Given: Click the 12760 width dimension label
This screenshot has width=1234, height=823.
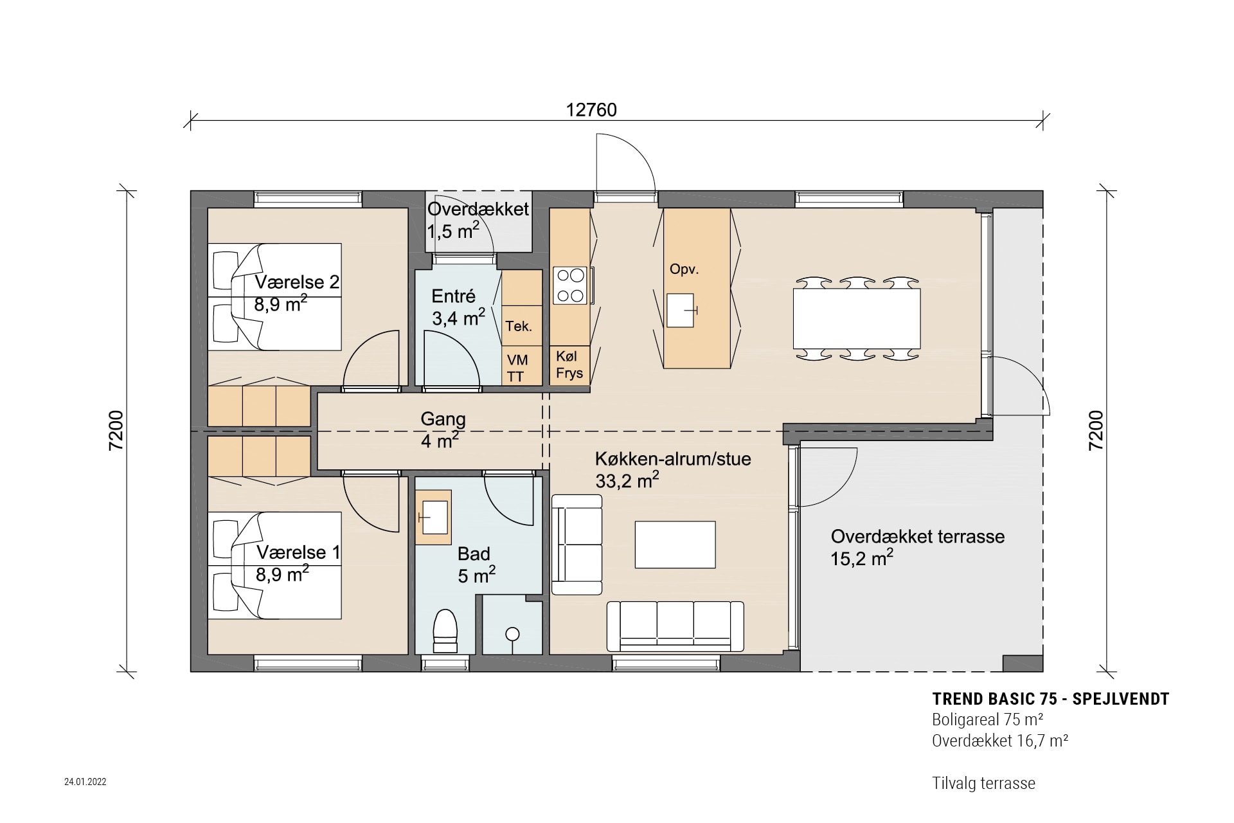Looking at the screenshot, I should tap(591, 111).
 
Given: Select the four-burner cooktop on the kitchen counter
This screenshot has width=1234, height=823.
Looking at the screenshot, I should tap(570, 285).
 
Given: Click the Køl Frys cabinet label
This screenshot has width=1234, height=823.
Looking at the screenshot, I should tap(569, 365).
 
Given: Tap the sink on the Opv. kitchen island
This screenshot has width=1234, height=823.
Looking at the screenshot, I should tap(680, 310).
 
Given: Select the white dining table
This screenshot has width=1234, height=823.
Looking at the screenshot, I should tap(856, 318).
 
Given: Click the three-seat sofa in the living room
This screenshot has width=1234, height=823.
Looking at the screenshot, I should tap(675, 626).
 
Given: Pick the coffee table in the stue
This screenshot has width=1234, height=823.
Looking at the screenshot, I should tap(675, 545).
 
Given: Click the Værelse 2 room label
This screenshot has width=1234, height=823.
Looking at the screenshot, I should tap(296, 283).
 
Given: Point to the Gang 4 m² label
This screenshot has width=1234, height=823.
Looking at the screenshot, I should tap(442, 430).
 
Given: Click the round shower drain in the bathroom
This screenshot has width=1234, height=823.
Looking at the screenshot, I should tap(512, 635).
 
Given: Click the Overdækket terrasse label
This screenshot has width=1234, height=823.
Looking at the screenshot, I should tap(917, 537).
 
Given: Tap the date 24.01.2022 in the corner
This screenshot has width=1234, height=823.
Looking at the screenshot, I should tap(85, 782).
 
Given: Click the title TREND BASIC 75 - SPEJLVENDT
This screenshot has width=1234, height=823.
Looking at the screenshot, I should tap(1050, 700).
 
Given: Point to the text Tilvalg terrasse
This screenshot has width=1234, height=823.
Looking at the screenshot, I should tap(983, 784).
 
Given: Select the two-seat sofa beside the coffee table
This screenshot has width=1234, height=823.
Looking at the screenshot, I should tap(577, 545).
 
